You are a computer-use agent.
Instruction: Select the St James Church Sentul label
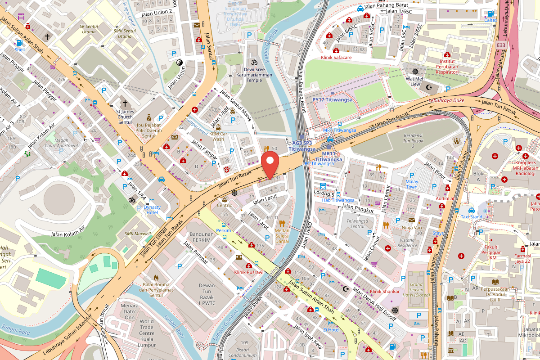(x=125, y=117)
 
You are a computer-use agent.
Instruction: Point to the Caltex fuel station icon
(x=490, y=13)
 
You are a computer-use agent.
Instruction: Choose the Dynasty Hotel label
(x=152, y=210)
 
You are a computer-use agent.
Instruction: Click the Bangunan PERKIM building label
(x=201, y=237)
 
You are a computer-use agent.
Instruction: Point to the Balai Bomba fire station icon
(x=156, y=278)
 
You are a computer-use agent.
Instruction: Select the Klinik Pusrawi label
(x=249, y=272)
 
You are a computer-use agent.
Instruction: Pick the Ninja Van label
(x=411, y=227)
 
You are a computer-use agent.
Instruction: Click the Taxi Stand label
(x=471, y=216)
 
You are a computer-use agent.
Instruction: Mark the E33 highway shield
(x=501, y=46)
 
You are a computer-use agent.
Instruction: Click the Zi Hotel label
(x=331, y=329)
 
